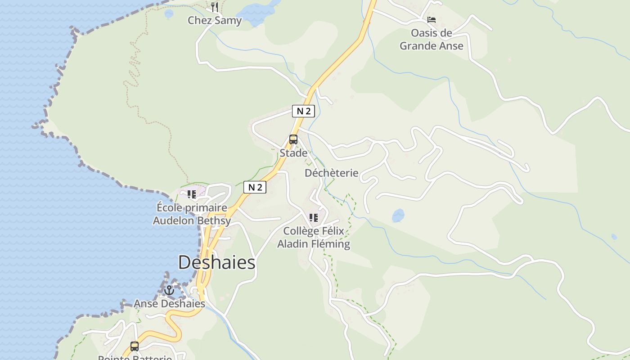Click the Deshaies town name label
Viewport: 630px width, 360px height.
tap(216, 262)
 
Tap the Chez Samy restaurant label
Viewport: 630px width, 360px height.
tap(215, 21)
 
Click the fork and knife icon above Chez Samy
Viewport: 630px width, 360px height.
tap(215, 7)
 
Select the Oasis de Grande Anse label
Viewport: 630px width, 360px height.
tap(431, 39)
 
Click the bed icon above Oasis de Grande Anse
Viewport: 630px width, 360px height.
tap(432, 20)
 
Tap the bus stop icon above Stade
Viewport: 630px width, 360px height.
tap(293, 139)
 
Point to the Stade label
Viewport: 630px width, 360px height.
tap(293, 153)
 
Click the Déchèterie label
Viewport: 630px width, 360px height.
tap(332, 173)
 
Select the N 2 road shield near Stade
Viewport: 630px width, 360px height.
tap(303, 111)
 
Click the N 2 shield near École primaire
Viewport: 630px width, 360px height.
tap(255, 187)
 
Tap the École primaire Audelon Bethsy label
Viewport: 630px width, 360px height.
tap(192, 214)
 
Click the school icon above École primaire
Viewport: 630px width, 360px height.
tap(192, 194)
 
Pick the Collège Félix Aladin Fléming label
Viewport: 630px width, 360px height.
tap(313, 238)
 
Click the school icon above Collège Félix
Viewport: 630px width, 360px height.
tap(314, 218)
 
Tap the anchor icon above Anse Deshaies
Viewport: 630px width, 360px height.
tap(169, 290)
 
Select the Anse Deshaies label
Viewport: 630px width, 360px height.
tap(169, 304)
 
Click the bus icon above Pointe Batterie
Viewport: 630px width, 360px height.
tap(134, 346)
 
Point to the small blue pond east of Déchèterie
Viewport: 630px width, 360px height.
tap(398, 216)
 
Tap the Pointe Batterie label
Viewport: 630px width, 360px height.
tap(135, 358)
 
